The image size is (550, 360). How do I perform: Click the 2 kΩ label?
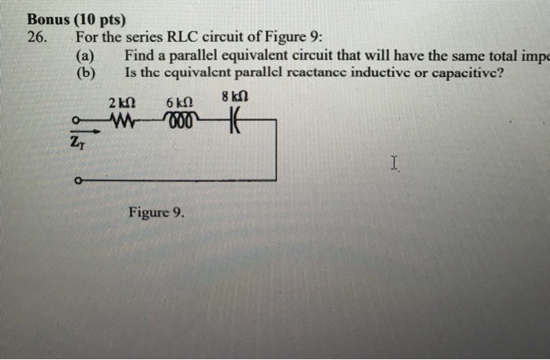tap(123, 103)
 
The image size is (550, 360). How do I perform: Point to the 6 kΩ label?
tap(180, 103)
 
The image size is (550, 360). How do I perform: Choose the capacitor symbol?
tap(233, 121)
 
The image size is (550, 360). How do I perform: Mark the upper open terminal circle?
tap(75, 121)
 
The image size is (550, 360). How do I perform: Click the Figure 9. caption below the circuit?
tap(156, 212)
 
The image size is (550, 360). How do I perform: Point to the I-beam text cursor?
tap(394, 163)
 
